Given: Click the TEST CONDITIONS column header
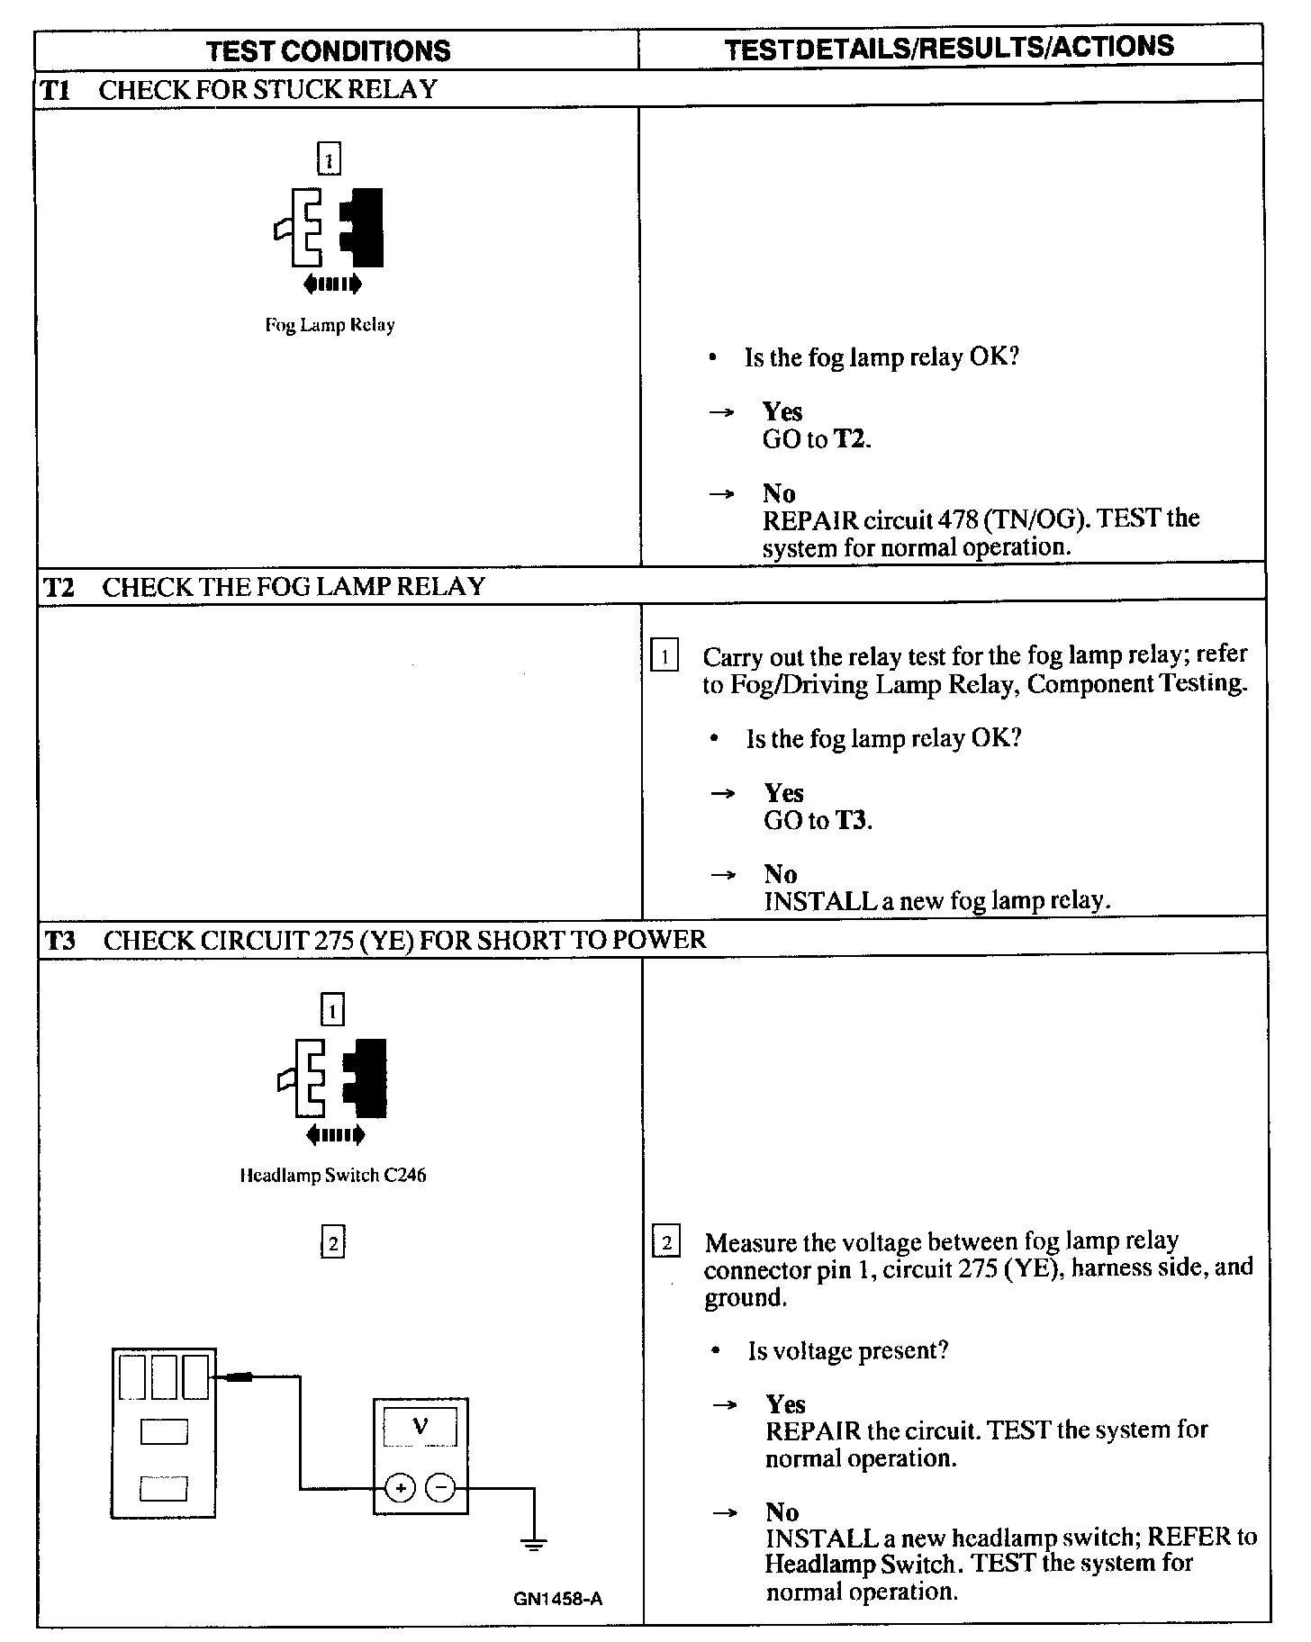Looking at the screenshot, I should (328, 50).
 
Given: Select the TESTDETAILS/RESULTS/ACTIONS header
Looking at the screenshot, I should (949, 48).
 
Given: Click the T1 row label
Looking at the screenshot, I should (56, 90).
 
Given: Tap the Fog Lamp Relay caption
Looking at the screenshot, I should (330, 325).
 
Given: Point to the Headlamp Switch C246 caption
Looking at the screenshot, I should (332, 1175).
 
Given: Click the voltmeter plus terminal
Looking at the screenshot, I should (400, 1488).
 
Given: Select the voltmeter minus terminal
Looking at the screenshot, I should (440, 1488).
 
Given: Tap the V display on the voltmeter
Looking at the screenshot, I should (420, 1427).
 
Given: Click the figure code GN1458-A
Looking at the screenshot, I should (557, 1599).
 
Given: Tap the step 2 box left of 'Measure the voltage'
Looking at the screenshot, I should (666, 1244).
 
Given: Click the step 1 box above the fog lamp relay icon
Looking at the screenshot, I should (330, 160).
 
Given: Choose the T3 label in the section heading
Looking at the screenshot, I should (60, 941).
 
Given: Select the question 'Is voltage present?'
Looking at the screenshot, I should (847, 1350).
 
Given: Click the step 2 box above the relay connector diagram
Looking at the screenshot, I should (333, 1243).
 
